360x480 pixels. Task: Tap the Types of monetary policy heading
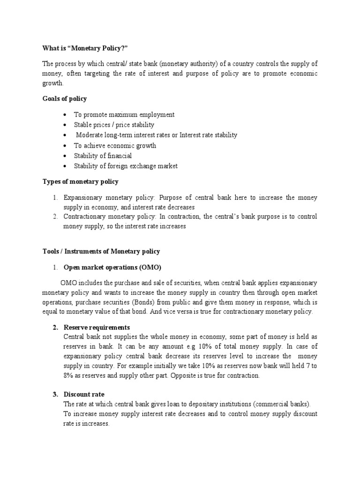(81, 181)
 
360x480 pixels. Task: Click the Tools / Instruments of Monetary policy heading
(101, 251)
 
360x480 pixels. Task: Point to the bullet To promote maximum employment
(124, 114)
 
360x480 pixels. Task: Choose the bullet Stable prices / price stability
(114, 125)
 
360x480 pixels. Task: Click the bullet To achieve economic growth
(115, 145)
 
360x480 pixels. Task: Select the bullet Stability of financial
(103, 156)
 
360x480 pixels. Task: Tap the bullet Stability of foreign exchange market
(126, 166)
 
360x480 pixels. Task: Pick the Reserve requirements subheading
(97, 327)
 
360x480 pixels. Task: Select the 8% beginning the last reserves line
(69, 376)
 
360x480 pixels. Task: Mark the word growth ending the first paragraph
(53, 83)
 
